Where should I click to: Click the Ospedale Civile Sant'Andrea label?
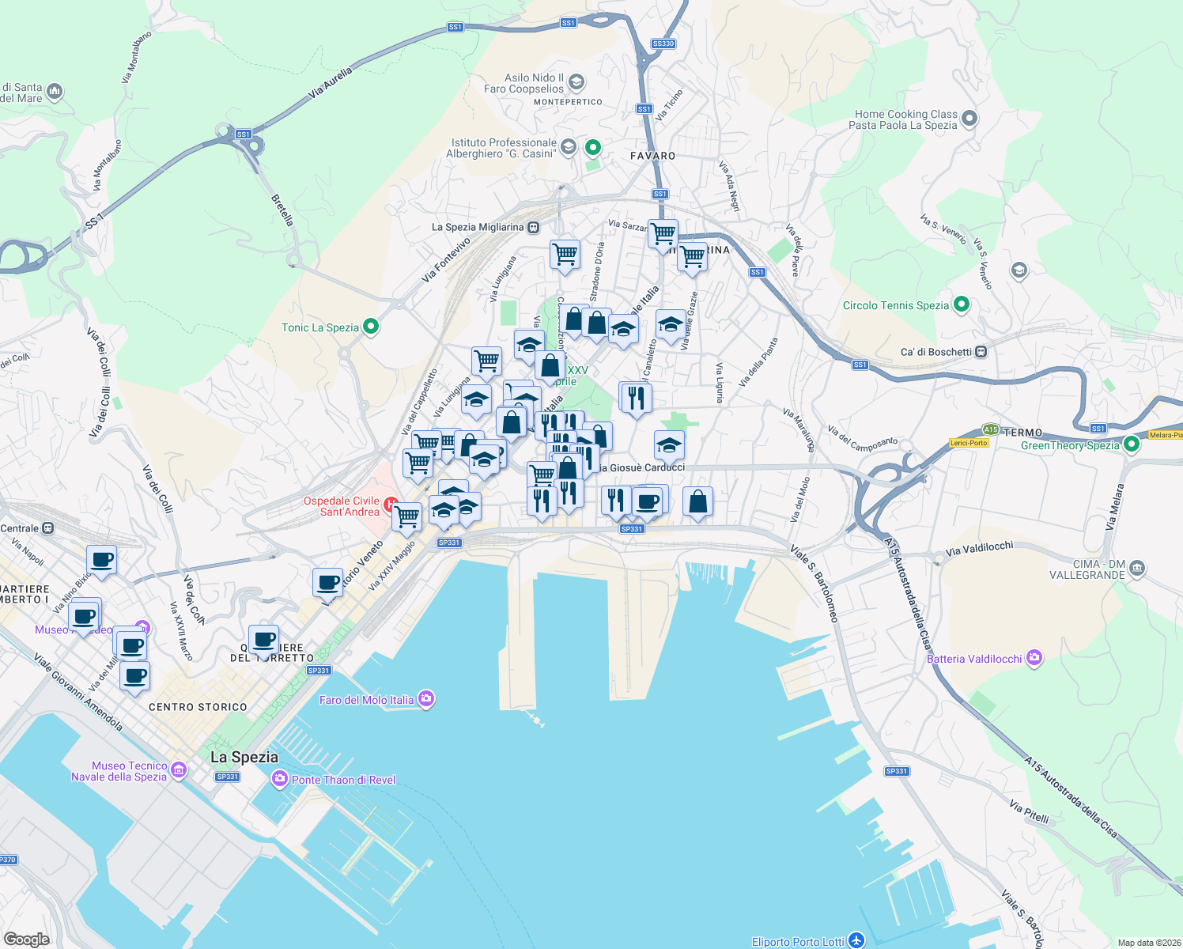click(342, 506)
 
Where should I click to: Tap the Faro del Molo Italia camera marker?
click(427, 698)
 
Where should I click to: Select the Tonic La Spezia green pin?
click(370, 327)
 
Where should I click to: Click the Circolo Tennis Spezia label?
click(895, 305)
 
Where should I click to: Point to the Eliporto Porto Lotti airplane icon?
click(856, 940)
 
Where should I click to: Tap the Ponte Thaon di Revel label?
click(343, 780)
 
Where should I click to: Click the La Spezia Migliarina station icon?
click(534, 228)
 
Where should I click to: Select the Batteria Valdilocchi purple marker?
click(1034, 658)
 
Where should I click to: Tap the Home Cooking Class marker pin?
click(969, 119)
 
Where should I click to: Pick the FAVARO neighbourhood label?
click(652, 156)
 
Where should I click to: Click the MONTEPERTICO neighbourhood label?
click(568, 102)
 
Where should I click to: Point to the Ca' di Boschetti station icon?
click(981, 351)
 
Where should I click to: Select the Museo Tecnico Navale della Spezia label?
click(119, 771)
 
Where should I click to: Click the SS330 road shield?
click(663, 43)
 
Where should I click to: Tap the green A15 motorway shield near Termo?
click(991, 429)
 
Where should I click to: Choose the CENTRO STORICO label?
click(198, 707)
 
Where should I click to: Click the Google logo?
click(26, 939)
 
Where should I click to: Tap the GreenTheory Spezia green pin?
click(1132, 444)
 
